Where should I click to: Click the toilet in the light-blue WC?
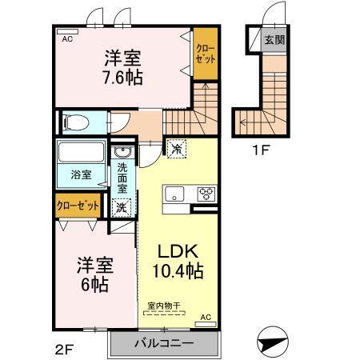click(x=76, y=122)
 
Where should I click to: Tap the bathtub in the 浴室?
click(x=81, y=152)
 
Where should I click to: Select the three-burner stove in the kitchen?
click(x=206, y=194)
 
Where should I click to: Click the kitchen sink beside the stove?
click(x=174, y=194)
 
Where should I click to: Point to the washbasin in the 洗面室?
click(x=122, y=152)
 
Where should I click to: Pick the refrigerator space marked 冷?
click(x=176, y=149)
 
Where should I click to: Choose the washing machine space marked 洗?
click(x=122, y=207)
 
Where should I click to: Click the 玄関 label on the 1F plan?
click(x=274, y=40)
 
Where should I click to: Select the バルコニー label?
click(x=164, y=343)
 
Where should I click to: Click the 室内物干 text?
click(x=164, y=306)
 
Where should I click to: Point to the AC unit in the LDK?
click(x=206, y=324)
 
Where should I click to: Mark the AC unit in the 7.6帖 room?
click(x=67, y=32)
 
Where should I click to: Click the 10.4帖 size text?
click(x=178, y=270)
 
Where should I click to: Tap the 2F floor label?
click(x=64, y=349)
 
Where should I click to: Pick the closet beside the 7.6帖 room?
click(x=206, y=54)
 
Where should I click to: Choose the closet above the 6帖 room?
click(x=78, y=206)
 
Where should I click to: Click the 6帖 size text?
click(x=94, y=285)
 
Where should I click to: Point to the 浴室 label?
click(x=81, y=174)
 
